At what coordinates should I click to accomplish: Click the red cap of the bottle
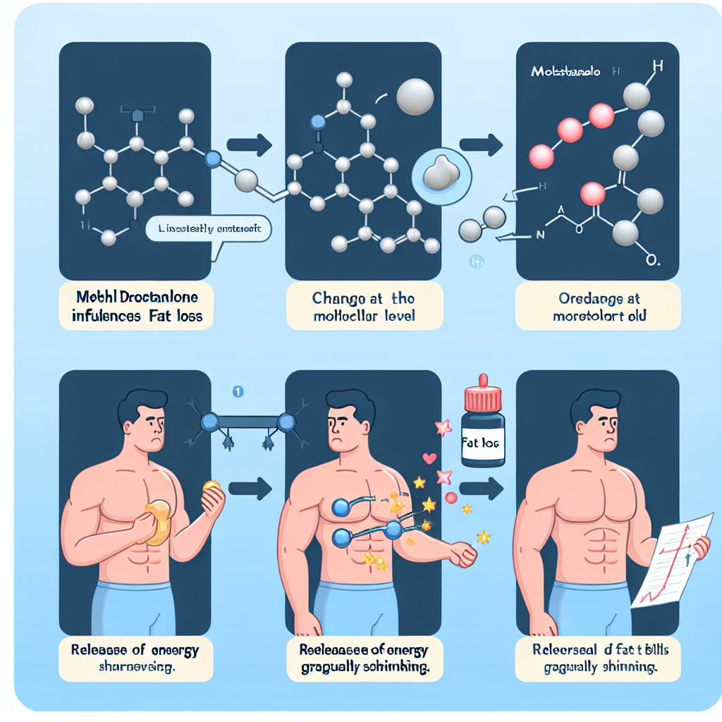pyautogui.click(x=483, y=397)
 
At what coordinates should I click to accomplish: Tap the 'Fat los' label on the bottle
pyautogui.click(x=482, y=445)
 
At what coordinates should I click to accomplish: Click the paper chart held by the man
pyautogui.click(x=669, y=557)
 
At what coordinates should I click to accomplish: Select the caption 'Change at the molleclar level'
pyautogui.click(x=364, y=306)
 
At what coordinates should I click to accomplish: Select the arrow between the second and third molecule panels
pyautogui.click(x=481, y=145)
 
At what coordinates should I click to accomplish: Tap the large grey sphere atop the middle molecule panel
pyautogui.click(x=415, y=97)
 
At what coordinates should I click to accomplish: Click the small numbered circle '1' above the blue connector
pyautogui.click(x=238, y=391)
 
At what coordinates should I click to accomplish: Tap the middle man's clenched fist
pyautogui.click(x=464, y=554)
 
